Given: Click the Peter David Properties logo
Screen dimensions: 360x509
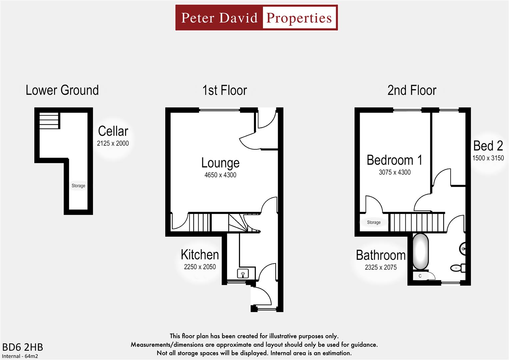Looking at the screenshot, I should pyautogui.click(x=256, y=18).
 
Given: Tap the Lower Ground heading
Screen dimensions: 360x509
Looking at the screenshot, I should pyautogui.click(x=62, y=90).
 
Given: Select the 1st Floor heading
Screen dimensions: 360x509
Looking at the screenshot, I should pyautogui.click(x=225, y=90).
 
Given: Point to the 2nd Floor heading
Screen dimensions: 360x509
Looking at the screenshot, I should pyautogui.click(x=412, y=90).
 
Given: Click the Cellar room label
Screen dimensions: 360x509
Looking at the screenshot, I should pyautogui.click(x=113, y=131).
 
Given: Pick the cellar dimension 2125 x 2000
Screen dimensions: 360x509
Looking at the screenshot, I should pyautogui.click(x=113, y=143).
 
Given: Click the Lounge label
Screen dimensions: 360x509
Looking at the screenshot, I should pyautogui.click(x=220, y=163).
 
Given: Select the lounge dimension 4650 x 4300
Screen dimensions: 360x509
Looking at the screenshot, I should pyautogui.click(x=220, y=175).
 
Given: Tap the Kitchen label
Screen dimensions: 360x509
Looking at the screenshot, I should pyautogui.click(x=200, y=255).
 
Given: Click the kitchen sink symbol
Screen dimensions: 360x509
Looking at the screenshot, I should pyautogui.click(x=243, y=274).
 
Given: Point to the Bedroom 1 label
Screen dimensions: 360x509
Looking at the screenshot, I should pyautogui.click(x=394, y=160).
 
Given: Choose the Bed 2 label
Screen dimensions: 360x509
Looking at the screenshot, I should pyautogui.click(x=488, y=146).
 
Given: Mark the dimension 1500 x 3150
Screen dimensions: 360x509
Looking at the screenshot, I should pyautogui.click(x=488, y=158).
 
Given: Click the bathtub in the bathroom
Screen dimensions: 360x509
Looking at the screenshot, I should pyautogui.click(x=420, y=252).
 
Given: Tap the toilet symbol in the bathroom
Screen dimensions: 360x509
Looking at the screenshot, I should pyautogui.click(x=457, y=268).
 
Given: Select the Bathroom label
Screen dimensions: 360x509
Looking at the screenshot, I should pyautogui.click(x=381, y=255).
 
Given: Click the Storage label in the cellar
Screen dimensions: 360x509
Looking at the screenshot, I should pyautogui.click(x=78, y=186).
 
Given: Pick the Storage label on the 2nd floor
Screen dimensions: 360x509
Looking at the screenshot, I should pyautogui.click(x=374, y=222).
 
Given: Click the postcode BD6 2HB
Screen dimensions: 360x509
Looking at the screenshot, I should pyautogui.click(x=23, y=347).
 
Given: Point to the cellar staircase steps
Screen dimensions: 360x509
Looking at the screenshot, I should pyautogui.click(x=49, y=120).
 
